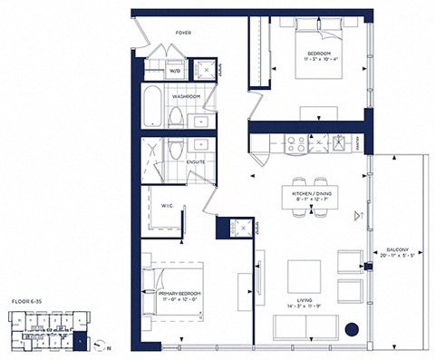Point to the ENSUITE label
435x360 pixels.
[195, 162]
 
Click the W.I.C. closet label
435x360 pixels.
[167, 205]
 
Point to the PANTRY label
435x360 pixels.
[360, 142]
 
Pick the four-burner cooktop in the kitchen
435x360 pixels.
[296, 141]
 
